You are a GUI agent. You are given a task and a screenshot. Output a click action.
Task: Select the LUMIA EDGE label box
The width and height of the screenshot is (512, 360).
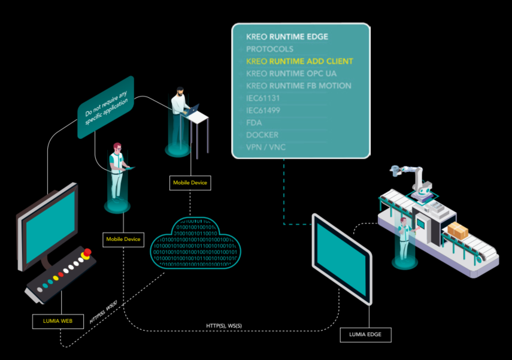(365, 334)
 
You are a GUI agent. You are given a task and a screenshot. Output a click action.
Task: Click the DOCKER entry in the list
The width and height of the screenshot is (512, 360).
(262, 135)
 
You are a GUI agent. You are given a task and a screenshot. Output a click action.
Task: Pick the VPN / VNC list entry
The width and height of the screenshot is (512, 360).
(266, 147)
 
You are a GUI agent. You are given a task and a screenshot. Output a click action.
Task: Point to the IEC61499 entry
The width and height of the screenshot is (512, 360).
(263, 110)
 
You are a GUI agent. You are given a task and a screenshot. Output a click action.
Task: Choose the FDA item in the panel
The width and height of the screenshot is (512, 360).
(254, 123)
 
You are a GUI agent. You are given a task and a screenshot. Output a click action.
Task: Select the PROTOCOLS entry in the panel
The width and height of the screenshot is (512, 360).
(269, 49)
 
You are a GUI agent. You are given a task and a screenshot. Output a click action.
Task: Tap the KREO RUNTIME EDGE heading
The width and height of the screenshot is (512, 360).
(287, 37)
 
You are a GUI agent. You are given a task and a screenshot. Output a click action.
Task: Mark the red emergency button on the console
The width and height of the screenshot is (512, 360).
(87, 252)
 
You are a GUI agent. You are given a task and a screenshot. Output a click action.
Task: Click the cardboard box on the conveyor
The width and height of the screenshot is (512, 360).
(459, 229)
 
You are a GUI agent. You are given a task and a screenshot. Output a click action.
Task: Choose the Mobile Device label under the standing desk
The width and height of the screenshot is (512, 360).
(190, 183)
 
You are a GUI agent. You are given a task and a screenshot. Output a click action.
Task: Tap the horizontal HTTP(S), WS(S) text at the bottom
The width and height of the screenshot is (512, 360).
(223, 326)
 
